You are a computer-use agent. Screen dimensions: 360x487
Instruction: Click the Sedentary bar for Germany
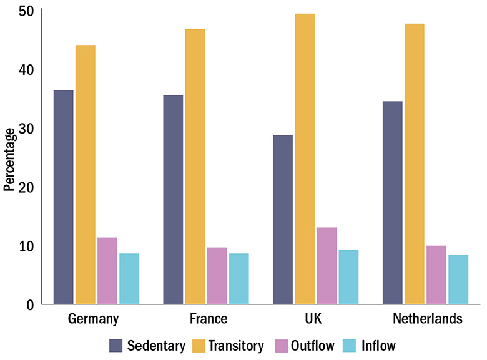(x=63, y=197)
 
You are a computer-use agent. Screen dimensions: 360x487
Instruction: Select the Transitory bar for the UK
(x=305, y=159)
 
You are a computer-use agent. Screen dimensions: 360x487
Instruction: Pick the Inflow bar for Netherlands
(x=458, y=280)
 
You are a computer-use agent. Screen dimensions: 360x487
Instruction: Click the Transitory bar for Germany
(x=86, y=175)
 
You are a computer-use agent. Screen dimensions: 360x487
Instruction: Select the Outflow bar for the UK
(x=327, y=266)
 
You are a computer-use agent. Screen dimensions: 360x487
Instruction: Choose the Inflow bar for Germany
(x=129, y=279)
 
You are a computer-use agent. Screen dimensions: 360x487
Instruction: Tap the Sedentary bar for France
(x=173, y=200)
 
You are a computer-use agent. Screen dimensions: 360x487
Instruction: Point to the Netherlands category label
(x=428, y=319)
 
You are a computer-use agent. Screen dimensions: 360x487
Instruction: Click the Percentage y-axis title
(x=9, y=159)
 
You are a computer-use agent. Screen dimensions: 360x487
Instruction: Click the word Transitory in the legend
(x=236, y=345)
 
